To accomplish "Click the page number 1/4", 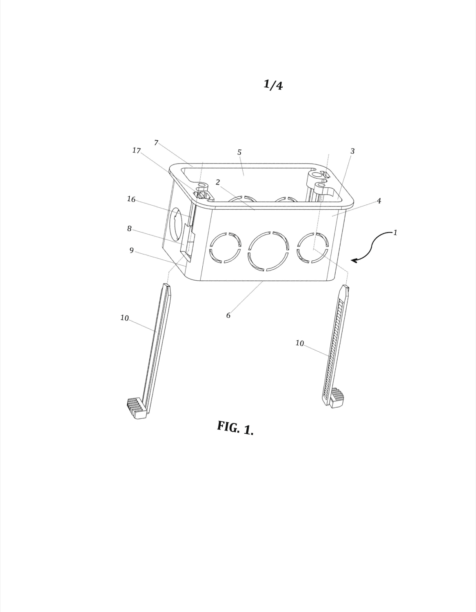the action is [x=273, y=84].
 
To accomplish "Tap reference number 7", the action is [x=156, y=143].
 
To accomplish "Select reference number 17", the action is [x=137, y=151].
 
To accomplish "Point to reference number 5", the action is [x=239, y=152].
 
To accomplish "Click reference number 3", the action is [x=352, y=151].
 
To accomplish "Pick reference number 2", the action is [x=217, y=182].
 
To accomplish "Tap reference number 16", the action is [x=131, y=199].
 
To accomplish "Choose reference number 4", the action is [x=379, y=201].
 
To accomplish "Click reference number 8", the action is [x=129, y=228].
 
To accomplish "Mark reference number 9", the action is [x=131, y=250].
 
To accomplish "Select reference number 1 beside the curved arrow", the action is [x=395, y=233].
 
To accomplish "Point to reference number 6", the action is [x=228, y=315].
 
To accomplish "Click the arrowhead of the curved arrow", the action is [x=354, y=260].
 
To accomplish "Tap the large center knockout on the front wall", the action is [x=268, y=251].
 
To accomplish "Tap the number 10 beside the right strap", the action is [x=300, y=343].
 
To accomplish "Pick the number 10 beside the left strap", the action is [x=124, y=318].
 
